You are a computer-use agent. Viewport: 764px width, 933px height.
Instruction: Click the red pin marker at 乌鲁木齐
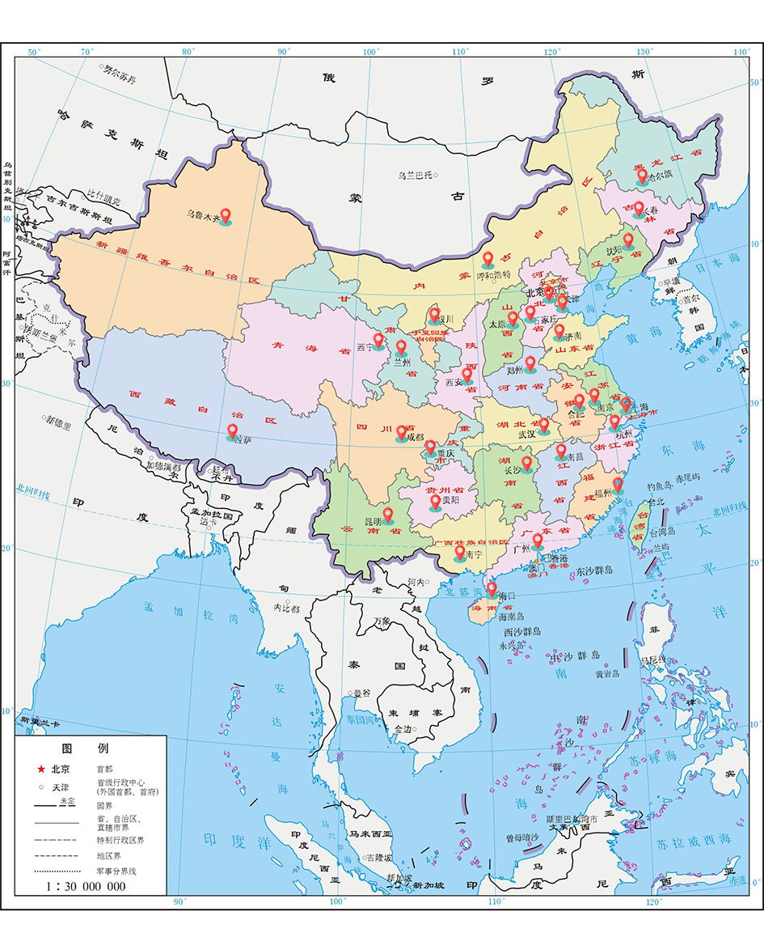pyautogui.click(x=226, y=214)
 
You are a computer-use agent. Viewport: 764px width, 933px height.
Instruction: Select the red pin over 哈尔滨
pyautogui.click(x=642, y=175)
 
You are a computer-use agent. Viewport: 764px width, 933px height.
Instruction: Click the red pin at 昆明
pyautogui.click(x=387, y=514)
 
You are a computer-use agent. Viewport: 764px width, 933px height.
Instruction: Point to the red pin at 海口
pyautogui.click(x=492, y=588)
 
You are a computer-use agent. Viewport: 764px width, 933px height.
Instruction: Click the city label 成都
pyautogui.click(x=416, y=437)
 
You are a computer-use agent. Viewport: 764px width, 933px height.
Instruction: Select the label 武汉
pyautogui.click(x=528, y=435)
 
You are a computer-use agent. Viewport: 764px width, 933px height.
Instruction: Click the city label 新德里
pyautogui.click(x=59, y=421)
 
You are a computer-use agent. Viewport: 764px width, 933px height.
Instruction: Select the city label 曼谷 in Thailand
pyautogui.click(x=361, y=693)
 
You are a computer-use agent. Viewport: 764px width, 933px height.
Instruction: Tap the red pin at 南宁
pyautogui.click(x=459, y=552)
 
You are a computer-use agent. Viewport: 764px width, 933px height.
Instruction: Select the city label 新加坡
pyautogui.click(x=428, y=885)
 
